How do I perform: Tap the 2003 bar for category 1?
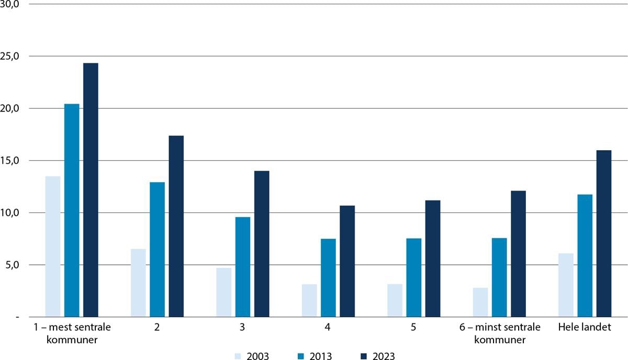[53, 246]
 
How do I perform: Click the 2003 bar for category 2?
[138, 283]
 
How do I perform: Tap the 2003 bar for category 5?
[395, 300]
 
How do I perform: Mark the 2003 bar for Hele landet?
[566, 285]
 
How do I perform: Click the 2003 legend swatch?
[236, 356]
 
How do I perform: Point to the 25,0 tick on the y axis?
[10, 56]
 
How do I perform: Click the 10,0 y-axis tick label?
[10, 212]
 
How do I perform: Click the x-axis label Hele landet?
[585, 328]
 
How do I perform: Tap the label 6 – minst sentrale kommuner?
[499, 333]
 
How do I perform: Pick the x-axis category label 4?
[328, 328]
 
